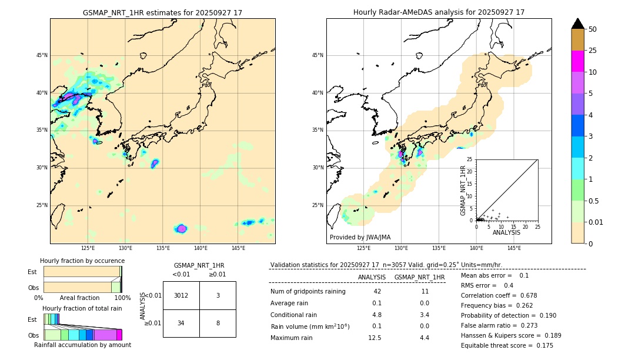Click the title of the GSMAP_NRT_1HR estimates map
click(162, 12)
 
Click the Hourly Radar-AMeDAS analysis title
click(439, 12)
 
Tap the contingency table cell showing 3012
click(181, 295)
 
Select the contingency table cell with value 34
click(181, 323)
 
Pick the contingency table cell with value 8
click(218, 323)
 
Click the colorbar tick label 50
click(593, 29)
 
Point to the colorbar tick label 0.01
click(596, 222)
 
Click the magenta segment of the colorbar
click(577, 61)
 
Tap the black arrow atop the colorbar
click(577, 24)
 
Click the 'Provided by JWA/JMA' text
click(360, 237)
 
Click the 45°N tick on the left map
click(42, 55)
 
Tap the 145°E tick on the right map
click(514, 248)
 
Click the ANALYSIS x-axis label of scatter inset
click(506, 232)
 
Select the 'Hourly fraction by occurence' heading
click(82, 261)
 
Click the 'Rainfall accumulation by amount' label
click(82, 345)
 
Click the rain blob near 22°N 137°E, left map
click(181, 228)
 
